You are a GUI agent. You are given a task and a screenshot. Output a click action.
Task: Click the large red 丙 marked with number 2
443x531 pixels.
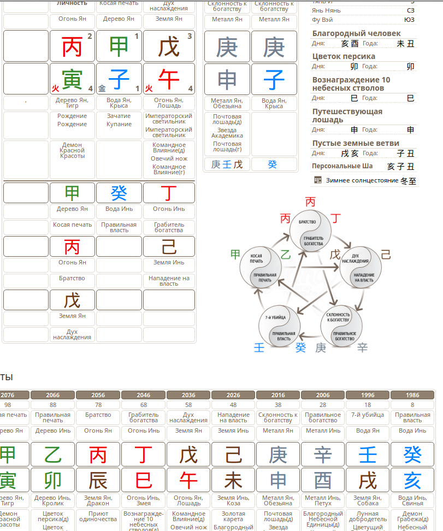(x=72, y=46)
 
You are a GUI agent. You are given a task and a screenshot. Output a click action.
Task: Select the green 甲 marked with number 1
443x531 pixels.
(x=119, y=46)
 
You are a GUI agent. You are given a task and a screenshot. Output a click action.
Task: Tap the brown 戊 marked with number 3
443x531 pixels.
(x=169, y=46)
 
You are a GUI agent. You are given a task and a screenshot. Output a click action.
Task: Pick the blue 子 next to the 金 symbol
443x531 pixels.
(x=119, y=79)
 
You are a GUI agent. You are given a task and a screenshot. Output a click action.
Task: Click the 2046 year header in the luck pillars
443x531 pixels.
(x=143, y=395)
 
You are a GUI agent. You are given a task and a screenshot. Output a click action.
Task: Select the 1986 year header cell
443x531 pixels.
(x=412, y=395)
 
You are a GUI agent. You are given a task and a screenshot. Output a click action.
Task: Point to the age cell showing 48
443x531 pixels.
(x=233, y=405)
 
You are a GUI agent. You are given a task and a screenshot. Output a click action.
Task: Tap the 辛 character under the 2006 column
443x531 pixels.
(x=323, y=453)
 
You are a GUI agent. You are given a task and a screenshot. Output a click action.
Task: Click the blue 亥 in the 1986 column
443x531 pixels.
(x=412, y=480)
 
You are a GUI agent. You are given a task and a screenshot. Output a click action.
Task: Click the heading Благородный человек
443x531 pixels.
(x=356, y=33)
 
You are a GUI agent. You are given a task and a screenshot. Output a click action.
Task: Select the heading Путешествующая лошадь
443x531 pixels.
(x=347, y=115)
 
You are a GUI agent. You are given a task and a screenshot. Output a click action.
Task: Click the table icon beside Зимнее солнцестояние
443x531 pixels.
(x=318, y=180)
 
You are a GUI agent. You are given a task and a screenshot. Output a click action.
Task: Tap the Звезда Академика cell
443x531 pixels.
(x=227, y=133)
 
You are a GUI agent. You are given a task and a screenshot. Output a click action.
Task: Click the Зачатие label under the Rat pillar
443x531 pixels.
(x=119, y=116)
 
